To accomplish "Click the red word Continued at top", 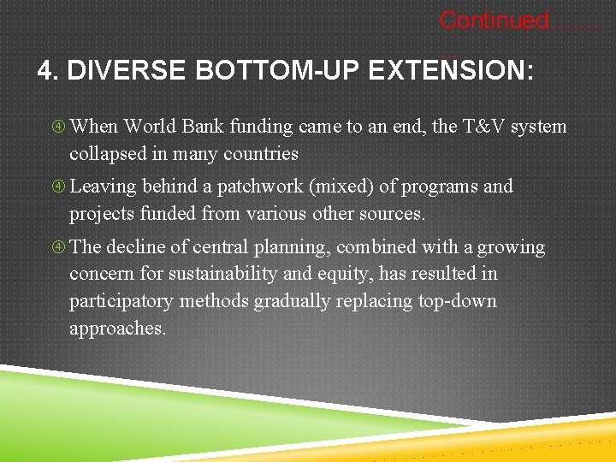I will tap(493, 20).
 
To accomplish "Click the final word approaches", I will tap(117, 329).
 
